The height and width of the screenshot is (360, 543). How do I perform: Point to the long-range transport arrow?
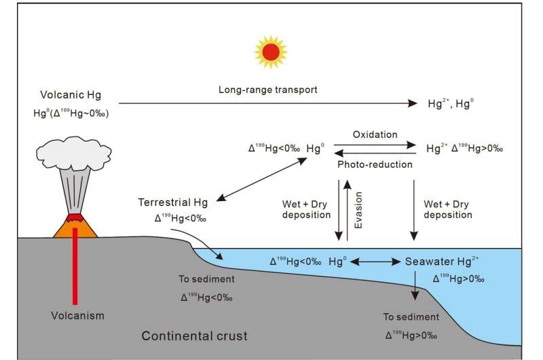pos(271,103)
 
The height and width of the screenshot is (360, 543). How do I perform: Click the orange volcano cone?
pos(74,228)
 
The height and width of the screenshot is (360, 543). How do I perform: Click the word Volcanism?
pos(77,315)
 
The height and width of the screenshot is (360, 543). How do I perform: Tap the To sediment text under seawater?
pos(411,317)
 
